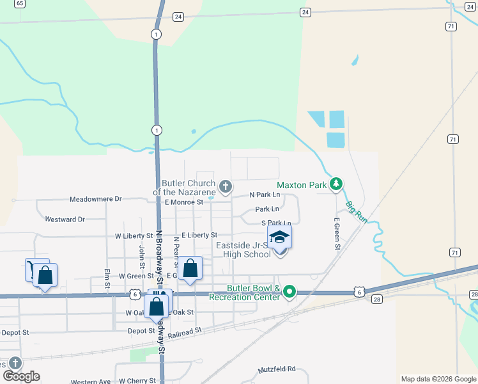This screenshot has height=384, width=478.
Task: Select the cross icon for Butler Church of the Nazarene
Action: point(225,187)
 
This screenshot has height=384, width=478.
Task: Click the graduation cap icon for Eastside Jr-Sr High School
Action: point(279,237)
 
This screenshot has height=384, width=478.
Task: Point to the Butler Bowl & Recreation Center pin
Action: point(289,292)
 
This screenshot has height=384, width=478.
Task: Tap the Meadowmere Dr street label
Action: point(95,199)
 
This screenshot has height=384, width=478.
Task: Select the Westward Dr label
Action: point(65,220)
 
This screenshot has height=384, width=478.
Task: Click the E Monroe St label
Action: point(183,202)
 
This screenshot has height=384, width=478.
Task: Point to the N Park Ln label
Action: point(265,195)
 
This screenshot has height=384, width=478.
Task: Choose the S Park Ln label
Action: point(272,223)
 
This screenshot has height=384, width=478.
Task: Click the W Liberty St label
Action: point(134,236)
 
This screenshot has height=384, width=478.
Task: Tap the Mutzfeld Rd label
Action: point(277,369)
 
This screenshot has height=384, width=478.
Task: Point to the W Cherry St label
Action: point(137,381)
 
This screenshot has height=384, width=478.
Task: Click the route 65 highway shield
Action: point(20,4)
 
